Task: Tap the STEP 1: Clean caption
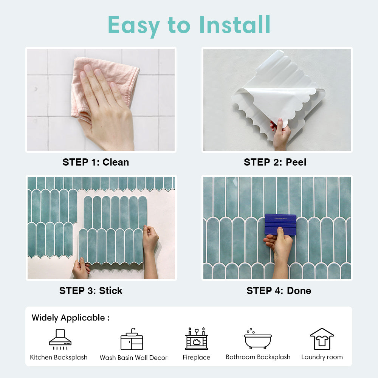point(96,162)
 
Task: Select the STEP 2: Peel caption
point(275,162)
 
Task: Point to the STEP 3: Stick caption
point(91,291)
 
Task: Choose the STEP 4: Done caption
point(279,291)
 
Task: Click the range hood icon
point(60,339)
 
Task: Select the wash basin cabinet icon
point(132,339)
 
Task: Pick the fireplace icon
point(197,339)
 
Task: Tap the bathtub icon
point(258,339)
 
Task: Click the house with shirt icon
point(322,339)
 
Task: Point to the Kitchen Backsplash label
point(59,357)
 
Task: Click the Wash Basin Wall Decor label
point(133,358)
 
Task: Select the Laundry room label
point(322,357)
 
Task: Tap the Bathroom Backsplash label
point(258,357)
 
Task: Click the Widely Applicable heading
point(70,318)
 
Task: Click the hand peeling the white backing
point(281,134)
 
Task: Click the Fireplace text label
point(197,357)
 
